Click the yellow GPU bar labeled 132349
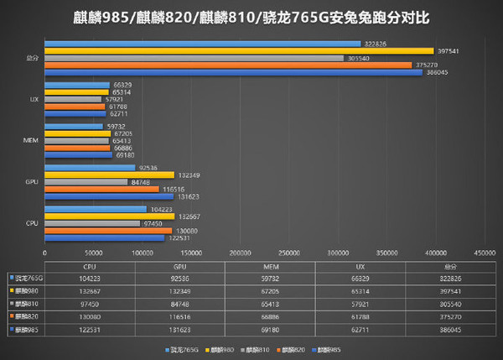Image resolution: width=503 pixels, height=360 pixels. pyautogui.click(x=109, y=175)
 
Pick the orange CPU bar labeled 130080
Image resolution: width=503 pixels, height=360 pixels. pyautogui.click(x=108, y=230)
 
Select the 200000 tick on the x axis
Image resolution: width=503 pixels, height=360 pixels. pyautogui.click(x=241, y=252)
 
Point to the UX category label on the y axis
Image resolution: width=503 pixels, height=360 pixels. pyautogui.click(x=34, y=99)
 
